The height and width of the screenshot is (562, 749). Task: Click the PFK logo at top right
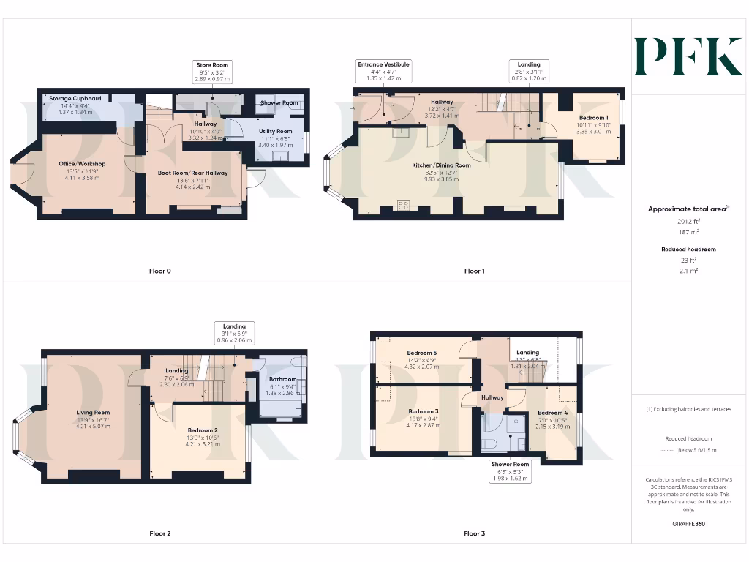click(x=688, y=57)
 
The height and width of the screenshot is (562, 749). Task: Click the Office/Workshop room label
click(x=82, y=164)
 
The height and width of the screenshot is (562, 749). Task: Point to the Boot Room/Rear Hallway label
click(x=193, y=173)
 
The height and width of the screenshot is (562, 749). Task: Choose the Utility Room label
click(x=274, y=132)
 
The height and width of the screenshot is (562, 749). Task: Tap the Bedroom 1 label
click(x=593, y=118)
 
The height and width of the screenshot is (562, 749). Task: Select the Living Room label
click(x=93, y=412)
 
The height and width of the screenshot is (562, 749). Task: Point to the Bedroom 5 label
click(x=422, y=353)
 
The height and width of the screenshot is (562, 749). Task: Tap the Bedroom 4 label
click(x=552, y=413)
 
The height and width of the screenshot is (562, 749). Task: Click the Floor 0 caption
click(x=159, y=271)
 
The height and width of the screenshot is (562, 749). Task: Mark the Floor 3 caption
click(x=474, y=533)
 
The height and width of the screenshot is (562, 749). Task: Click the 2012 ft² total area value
click(x=688, y=220)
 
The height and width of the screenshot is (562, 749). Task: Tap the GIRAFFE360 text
click(x=688, y=524)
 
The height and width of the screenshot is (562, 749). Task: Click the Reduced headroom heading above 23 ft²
click(x=688, y=250)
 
